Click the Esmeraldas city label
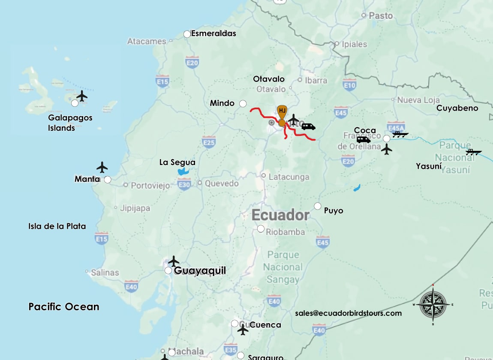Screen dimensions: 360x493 213,33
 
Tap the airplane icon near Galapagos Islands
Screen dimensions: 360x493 81,96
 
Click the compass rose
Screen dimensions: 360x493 433,304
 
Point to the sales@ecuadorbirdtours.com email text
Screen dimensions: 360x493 348,313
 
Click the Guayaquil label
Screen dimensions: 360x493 200,271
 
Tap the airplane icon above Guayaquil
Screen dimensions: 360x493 174,261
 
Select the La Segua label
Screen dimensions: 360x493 177,162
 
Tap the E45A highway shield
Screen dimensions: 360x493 395,127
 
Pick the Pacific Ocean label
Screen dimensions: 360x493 64,307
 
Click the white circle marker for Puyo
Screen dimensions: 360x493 318,206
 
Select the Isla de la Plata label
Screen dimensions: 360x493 57,226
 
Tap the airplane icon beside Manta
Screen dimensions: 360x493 102,167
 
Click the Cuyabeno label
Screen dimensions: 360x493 457,108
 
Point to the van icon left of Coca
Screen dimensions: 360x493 364,140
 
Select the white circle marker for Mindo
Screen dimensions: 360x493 243,103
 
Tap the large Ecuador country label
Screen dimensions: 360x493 280,215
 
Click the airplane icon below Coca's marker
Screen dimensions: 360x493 387,150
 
